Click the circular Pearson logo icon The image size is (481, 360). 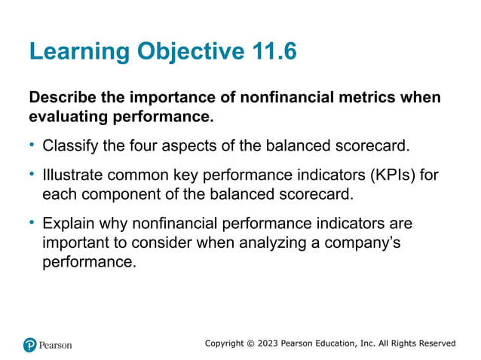(30, 345)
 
